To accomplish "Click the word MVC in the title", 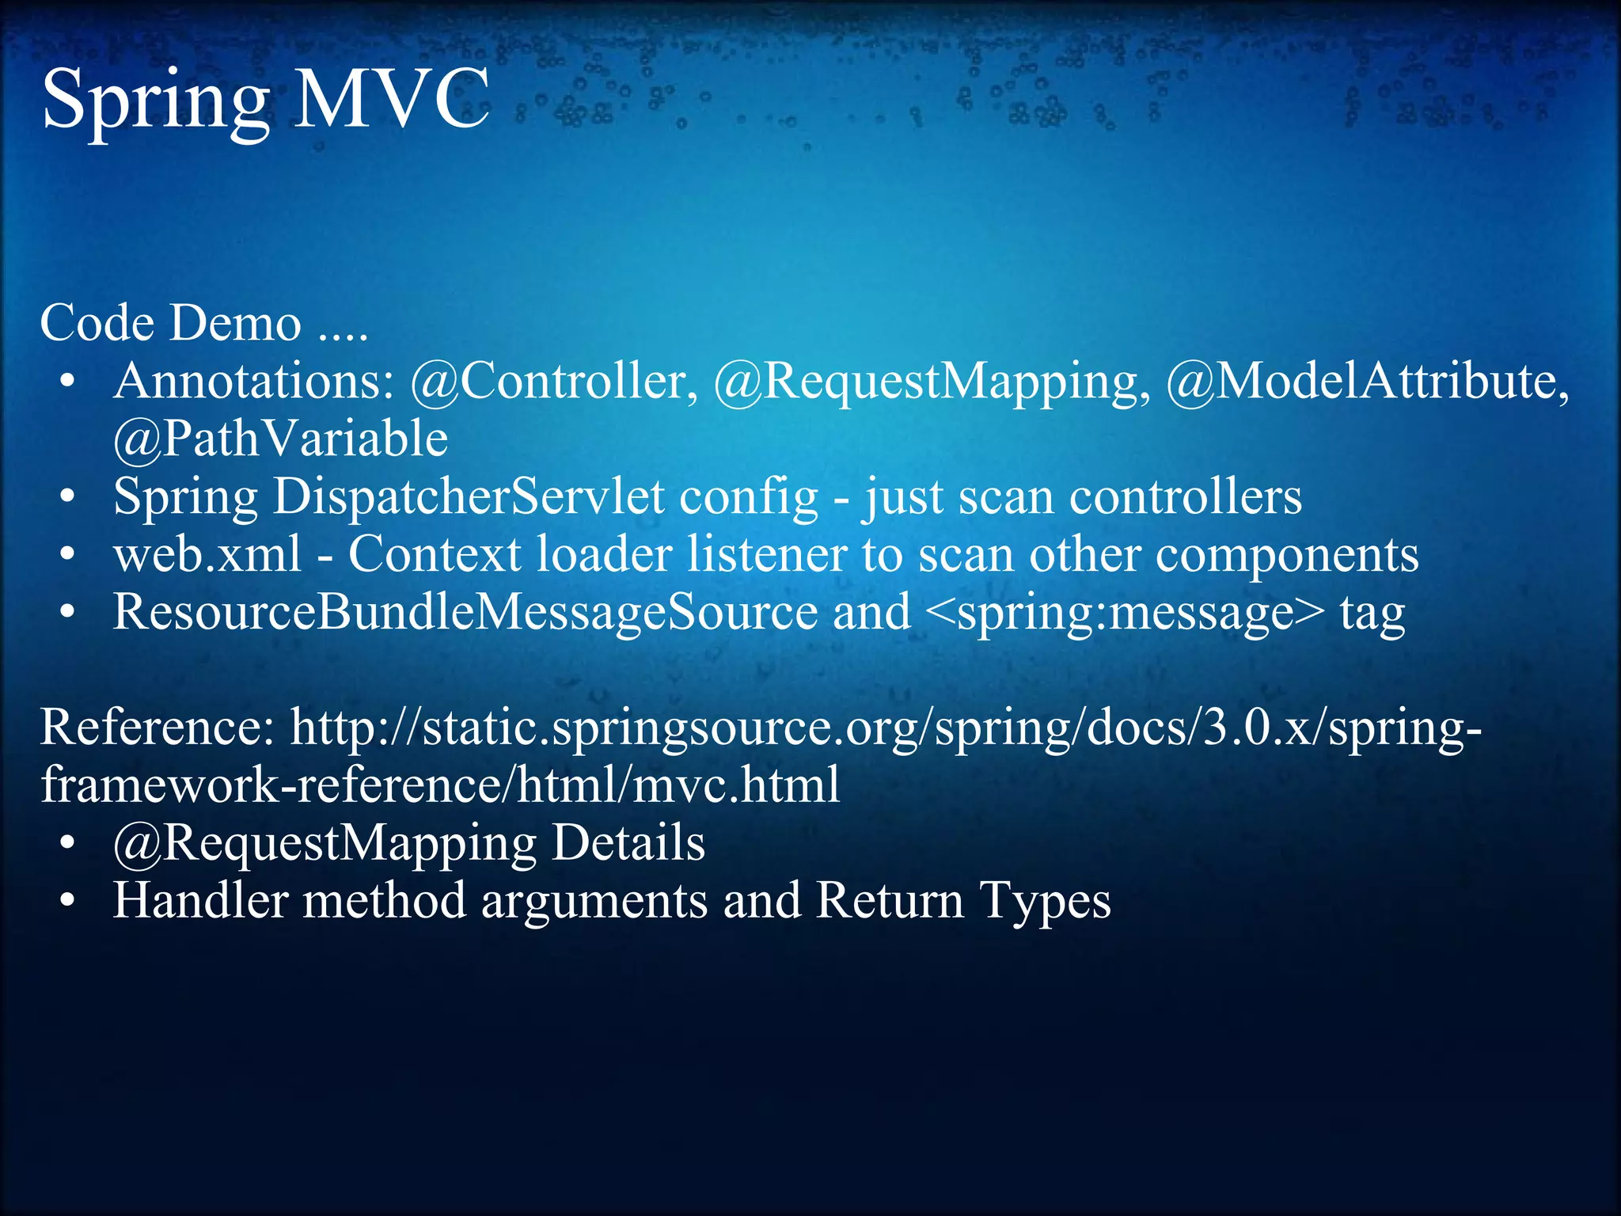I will [392, 99].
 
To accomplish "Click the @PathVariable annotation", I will [280, 439].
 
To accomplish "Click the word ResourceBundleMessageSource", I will [465, 612].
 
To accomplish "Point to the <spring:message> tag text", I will [1124, 612].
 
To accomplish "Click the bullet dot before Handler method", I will [68, 902].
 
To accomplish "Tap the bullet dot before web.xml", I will [68, 556].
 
